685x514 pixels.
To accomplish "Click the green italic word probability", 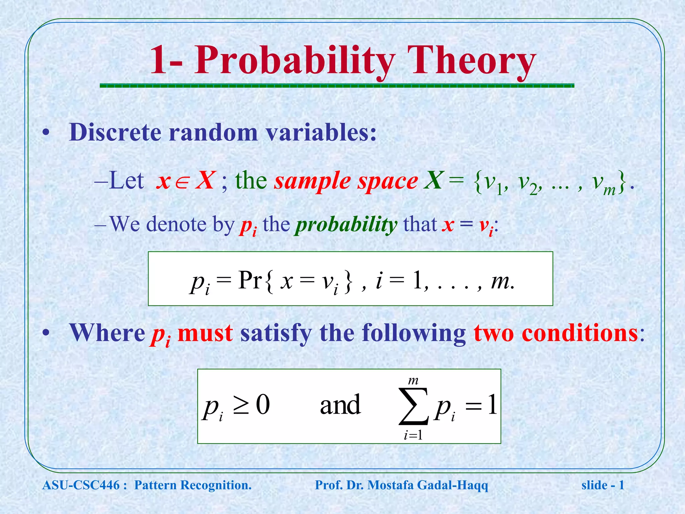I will (x=346, y=225).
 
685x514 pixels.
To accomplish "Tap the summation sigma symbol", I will (x=413, y=406).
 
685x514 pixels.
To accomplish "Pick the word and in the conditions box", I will (x=340, y=405).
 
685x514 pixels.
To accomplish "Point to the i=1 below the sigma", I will (x=413, y=435).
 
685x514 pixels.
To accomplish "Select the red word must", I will (x=205, y=333).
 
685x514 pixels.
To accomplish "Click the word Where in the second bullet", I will (x=107, y=333).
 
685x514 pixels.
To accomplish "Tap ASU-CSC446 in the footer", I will (x=81, y=485).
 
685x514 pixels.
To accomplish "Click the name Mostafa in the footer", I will (x=390, y=485).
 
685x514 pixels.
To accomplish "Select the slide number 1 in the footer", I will (x=621, y=485).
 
